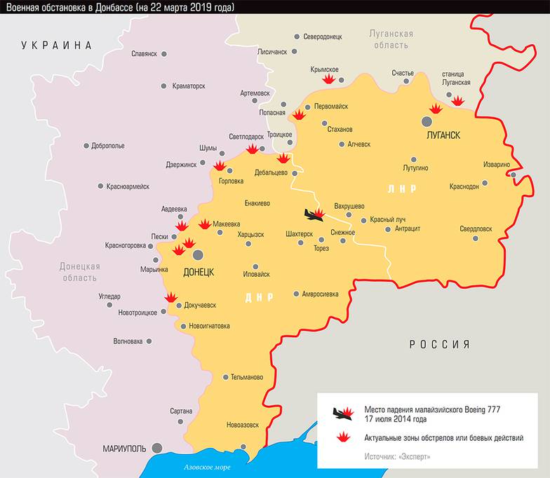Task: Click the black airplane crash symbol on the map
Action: tap(310, 214)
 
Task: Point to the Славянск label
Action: tap(144, 53)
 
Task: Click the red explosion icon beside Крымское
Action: tap(328, 79)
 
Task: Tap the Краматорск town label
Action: tap(188, 86)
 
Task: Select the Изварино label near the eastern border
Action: tap(496, 165)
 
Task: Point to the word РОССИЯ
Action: tap(439, 344)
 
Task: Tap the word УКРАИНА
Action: tap(57, 46)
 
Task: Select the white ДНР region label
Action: tap(259, 297)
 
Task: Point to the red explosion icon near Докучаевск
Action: tap(170, 297)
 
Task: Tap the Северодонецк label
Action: tap(323, 36)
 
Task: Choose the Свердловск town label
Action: tap(476, 228)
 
